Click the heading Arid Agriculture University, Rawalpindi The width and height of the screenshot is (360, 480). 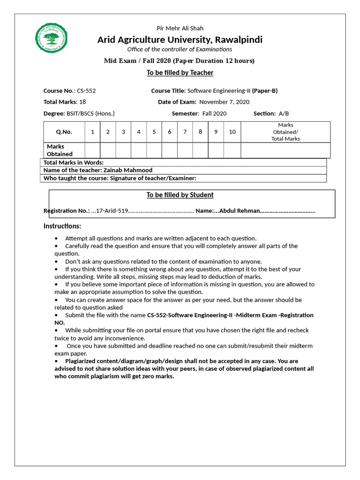[180, 39]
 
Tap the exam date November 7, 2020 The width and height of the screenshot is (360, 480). [224, 102]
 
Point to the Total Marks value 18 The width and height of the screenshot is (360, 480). [82, 102]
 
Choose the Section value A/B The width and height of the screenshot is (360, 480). [284, 113]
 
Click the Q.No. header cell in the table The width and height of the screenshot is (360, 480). [64, 132]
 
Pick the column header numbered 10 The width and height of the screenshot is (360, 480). [232, 132]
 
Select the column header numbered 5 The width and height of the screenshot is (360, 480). [154, 132]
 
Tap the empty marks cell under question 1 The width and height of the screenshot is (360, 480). [92, 150]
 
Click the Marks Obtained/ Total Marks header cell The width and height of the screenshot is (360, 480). [285, 132]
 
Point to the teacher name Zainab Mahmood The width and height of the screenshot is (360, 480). [127, 171]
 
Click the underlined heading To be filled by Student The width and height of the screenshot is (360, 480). [180, 195]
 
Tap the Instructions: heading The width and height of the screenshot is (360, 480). [62, 226]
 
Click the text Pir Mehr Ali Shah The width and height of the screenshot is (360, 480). [180, 28]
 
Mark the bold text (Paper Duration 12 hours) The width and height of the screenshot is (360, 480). [214, 61]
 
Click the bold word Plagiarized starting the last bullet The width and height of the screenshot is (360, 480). [82, 361]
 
